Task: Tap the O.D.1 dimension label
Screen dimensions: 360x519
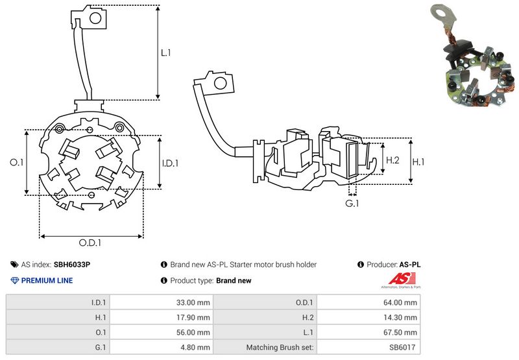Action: [90, 244]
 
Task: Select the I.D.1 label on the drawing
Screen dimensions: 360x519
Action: [169, 163]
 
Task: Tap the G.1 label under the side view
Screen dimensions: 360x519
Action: [352, 204]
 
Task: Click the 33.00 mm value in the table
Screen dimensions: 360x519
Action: [193, 302]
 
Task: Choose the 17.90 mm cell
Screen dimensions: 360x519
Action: [193, 317]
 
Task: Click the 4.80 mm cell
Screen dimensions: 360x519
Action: [195, 347]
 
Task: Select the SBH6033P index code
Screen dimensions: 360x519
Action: [71, 265]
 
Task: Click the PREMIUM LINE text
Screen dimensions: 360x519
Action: [47, 281]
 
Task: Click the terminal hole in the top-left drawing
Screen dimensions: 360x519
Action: [93, 18]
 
